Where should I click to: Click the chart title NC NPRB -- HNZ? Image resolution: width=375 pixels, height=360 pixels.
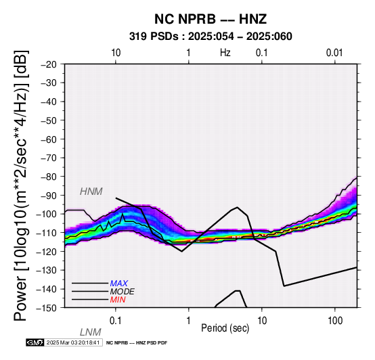[211, 19]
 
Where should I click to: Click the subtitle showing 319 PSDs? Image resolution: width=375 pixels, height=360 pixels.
[211, 37]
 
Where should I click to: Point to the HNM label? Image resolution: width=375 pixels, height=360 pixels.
[91, 192]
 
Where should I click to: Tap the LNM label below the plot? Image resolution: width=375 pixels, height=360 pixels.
[91, 332]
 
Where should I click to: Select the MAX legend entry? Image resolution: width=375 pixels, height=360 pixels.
[118, 284]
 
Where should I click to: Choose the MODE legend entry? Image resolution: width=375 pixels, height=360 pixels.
[123, 292]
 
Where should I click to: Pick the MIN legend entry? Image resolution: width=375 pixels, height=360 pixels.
[118, 300]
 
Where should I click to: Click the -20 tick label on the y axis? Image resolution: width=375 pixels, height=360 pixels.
[49, 64]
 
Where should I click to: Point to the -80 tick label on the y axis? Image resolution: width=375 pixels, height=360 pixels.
[49, 177]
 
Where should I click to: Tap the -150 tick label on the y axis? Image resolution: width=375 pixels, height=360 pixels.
[47, 308]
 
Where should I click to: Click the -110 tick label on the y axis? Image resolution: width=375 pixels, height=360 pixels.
[47, 233]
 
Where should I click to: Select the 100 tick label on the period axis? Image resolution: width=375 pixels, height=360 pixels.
[335, 321]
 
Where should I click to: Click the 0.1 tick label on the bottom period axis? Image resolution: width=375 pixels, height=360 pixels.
[116, 321]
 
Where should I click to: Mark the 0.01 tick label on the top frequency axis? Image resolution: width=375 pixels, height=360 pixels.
[334, 53]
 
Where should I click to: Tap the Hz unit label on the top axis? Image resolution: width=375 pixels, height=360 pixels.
[225, 53]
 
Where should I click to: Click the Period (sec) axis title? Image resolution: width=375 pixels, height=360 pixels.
[225, 328]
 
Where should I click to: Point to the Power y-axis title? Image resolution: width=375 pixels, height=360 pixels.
[21, 185]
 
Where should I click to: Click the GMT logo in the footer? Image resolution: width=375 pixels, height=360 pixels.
[35, 342]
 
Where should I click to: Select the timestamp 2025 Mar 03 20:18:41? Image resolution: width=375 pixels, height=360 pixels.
[73, 342]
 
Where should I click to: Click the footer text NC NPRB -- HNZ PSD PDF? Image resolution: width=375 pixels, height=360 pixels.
[137, 343]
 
